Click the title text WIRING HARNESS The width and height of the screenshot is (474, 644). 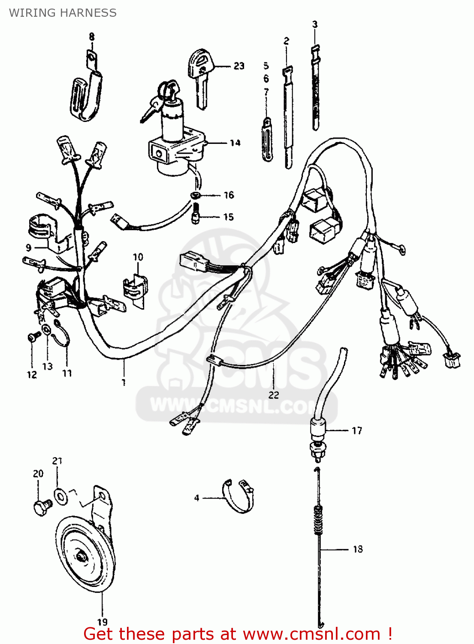click(x=63, y=13)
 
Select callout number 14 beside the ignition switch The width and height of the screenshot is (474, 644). click(x=235, y=143)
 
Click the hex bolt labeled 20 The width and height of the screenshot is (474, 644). click(x=41, y=507)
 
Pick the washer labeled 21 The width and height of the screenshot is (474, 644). click(x=60, y=496)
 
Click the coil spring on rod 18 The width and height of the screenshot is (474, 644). click(x=318, y=520)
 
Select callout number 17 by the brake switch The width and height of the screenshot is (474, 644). click(x=357, y=431)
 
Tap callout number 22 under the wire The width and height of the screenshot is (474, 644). click(x=274, y=395)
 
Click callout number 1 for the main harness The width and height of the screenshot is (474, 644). click(x=124, y=382)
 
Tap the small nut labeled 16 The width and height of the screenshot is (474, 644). click(x=196, y=196)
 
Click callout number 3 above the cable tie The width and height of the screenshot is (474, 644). click(x=315, y=24)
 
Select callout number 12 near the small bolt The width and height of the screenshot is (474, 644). click(x=32, y=375)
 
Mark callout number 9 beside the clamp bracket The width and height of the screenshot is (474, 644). click(x=29, y=248)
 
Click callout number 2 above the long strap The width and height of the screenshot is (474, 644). click(x=287, y=41)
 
